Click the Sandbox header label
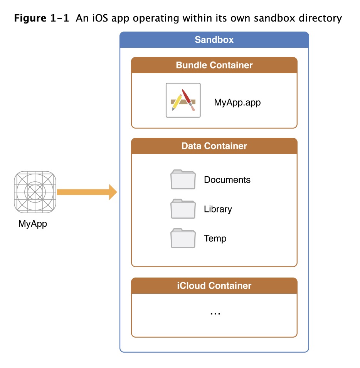214,40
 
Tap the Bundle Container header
214,65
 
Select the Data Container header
214,146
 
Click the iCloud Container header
214,286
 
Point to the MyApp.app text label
237,103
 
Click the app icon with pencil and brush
183,100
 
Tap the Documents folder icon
183,180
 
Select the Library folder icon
183,209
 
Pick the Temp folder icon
183,238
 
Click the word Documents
227,180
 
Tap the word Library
218,209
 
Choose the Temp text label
215,238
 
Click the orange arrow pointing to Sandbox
87,192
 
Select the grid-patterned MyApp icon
35,192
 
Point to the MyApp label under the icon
33,223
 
